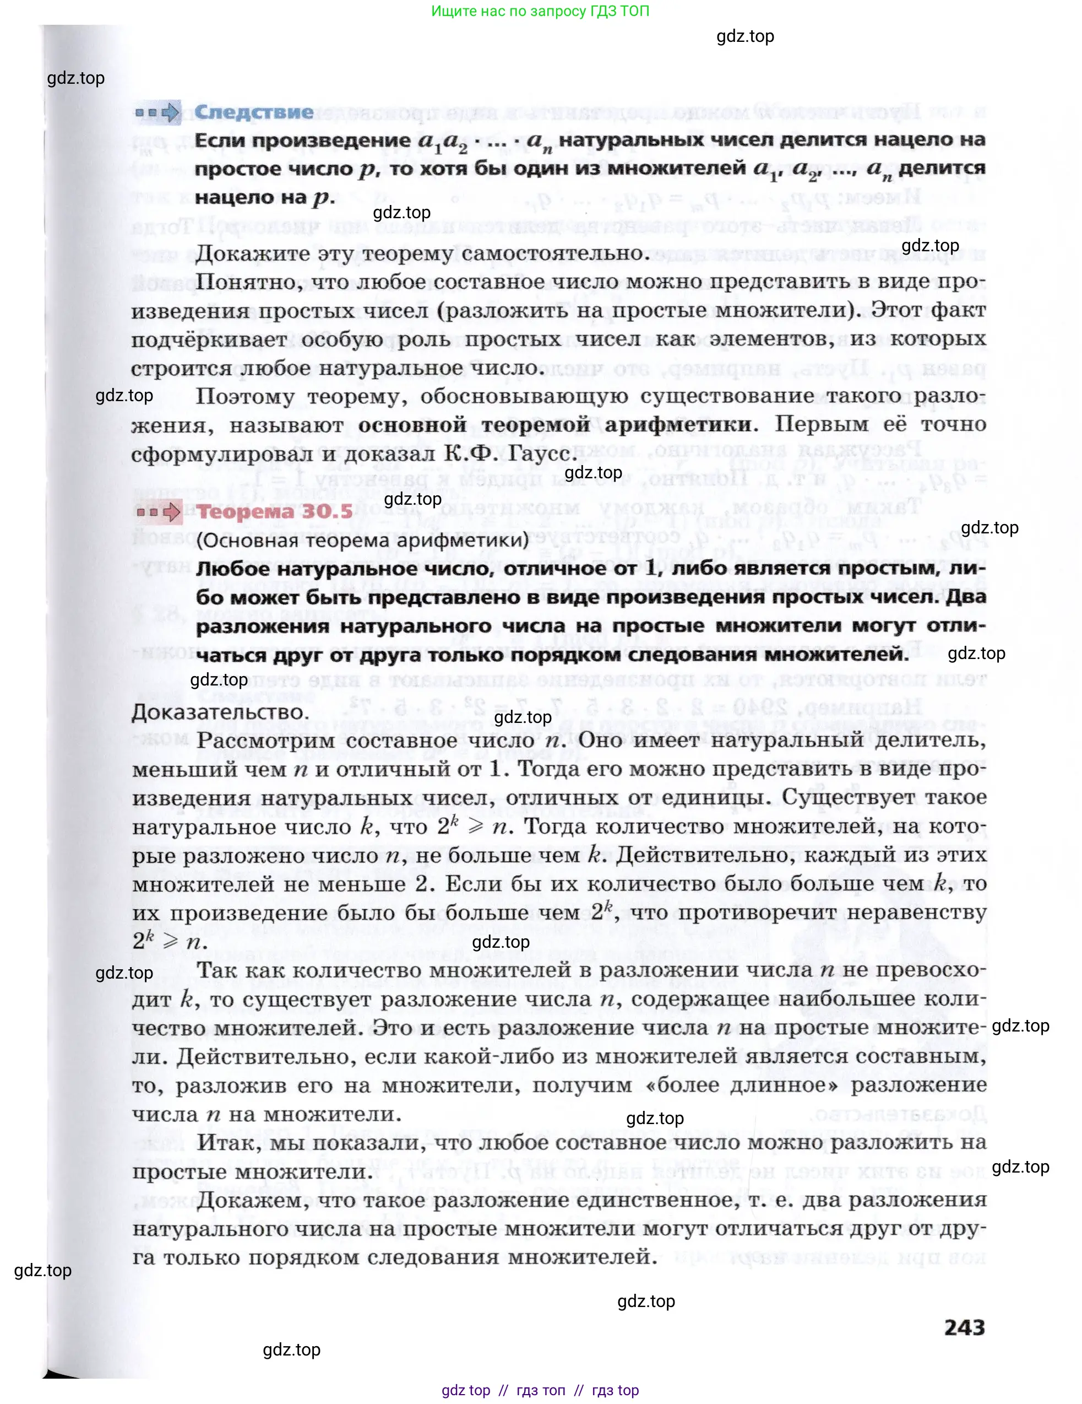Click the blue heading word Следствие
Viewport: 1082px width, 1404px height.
coord(254,112)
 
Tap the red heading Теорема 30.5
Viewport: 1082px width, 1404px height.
coord(274,512)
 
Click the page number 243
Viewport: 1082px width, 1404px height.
coord(964,1327)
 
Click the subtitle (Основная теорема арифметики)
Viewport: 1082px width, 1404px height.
coord(362,540)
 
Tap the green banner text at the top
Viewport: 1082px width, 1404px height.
coord(540,11)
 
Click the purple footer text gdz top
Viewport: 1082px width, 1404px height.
coord(466,1390)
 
